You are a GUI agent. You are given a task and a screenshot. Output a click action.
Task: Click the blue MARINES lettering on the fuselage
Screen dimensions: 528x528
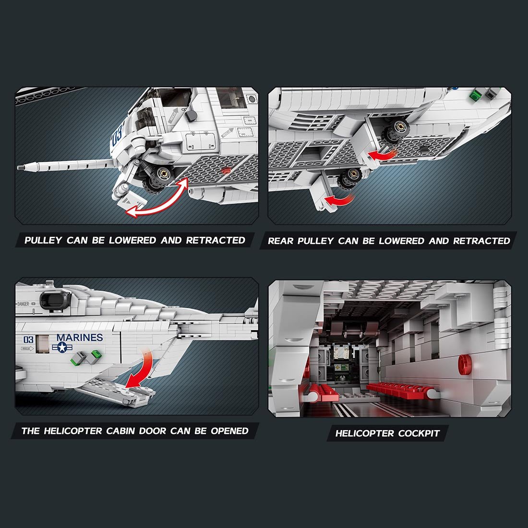(80, 337)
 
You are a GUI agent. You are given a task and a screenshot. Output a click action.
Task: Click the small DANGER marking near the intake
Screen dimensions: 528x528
(23, 304)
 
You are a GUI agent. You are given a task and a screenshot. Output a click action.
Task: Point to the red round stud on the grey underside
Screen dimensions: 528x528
(226, 170)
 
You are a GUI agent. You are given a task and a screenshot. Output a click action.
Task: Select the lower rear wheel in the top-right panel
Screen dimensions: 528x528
(348, 180)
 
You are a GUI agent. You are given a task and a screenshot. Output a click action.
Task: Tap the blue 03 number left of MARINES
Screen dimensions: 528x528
(29, 340)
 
